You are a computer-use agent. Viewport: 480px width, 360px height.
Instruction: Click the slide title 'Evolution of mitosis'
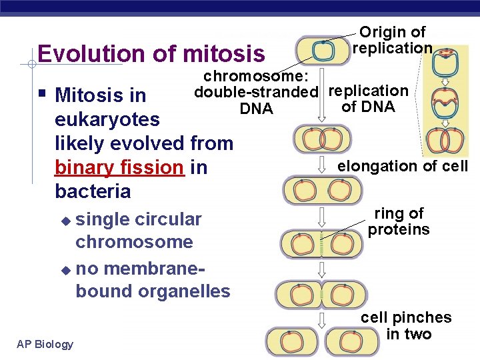click(x=151, y=53)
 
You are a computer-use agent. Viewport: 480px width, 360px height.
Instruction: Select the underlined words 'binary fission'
click(x=119, y=167)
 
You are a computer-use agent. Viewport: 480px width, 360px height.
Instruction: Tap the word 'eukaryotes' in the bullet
click(x=107, y=120)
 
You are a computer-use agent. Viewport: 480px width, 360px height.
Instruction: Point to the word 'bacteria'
click(x=93, y=192)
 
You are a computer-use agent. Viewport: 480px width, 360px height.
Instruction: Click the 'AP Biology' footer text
click(x=45, y=344)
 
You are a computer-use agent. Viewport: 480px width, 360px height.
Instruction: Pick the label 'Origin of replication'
click(x=393, y=40)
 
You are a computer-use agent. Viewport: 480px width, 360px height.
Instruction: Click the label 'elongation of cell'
click(x=403, y=167)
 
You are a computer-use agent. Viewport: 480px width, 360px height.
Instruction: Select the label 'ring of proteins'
click(x=399, y=222)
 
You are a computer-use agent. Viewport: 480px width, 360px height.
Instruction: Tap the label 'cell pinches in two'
click(x=406, y=326)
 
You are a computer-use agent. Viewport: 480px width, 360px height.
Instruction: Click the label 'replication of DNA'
click(x=368, y=99)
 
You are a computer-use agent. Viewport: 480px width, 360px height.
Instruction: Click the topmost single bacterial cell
click(x=322, y=50)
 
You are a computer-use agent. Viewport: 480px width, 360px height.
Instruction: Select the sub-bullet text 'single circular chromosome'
click(x=138, y=230)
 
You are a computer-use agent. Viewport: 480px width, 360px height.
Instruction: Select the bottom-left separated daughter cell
click(x=289, y=342)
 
